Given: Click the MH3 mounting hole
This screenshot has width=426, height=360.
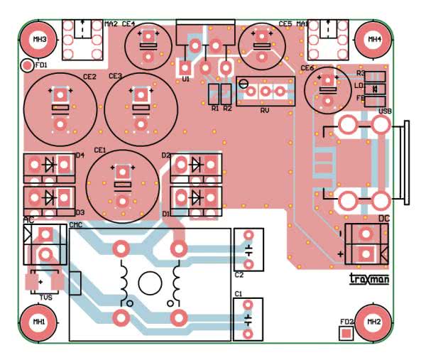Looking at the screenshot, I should (40, 38).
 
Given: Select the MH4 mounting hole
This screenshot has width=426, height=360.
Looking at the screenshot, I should (373, 38).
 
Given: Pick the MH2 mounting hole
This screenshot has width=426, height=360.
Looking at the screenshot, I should (373, 322).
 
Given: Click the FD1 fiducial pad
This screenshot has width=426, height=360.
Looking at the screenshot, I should (28, 66).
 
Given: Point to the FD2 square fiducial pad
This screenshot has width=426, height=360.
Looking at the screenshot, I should (346, 333).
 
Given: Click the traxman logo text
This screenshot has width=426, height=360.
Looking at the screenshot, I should (369, 280).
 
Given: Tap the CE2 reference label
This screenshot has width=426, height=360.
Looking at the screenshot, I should (89, 76).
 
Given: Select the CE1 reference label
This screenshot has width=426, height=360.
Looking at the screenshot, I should (99, 151).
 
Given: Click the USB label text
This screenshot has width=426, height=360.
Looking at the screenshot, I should (386, 111).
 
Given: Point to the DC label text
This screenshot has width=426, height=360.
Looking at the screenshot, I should (384, 219).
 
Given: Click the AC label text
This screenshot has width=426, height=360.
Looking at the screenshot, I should (28, 220).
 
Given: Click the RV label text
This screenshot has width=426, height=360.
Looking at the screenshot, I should (265, 111).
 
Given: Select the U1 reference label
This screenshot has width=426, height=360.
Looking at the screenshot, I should (186, 80).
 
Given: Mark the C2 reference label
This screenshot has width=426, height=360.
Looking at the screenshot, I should (239, 274).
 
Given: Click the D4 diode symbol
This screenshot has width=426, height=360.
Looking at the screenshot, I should (50, 165).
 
